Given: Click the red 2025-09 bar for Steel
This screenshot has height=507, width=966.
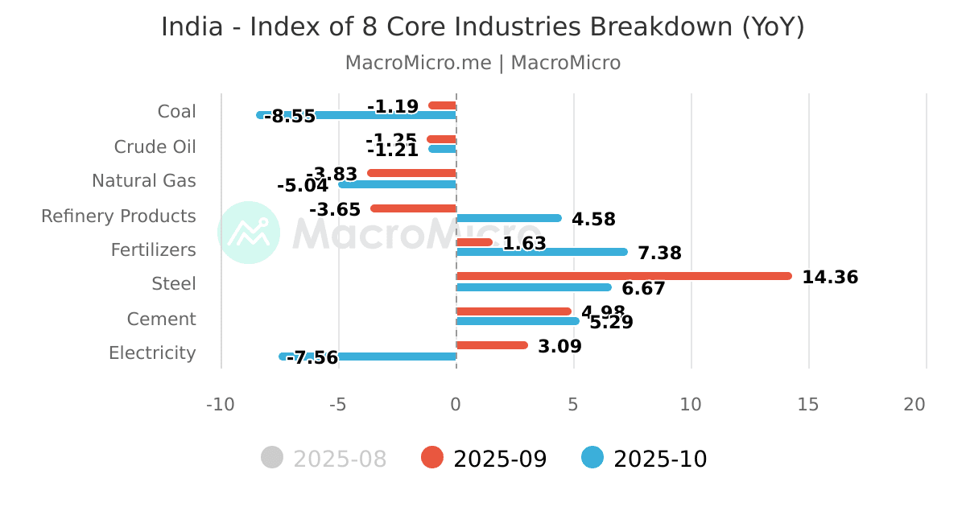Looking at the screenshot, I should (x=624, y=276).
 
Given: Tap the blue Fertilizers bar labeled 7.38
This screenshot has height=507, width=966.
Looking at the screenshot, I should (x=541, y=252).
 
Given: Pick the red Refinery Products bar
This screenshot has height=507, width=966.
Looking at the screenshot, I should (x=413, y=208).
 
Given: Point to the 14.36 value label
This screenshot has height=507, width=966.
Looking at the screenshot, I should (x=830, y=278).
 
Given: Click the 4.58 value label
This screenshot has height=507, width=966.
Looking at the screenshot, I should (x=593, y=220).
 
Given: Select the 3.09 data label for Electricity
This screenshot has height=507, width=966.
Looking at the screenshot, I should (x=559, y=347).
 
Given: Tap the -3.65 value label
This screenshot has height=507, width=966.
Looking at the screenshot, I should (x=335, y=210).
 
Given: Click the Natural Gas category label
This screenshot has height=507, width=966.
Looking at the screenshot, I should (x=143, y=181).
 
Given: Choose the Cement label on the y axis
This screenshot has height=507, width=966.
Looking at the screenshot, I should (x=161, y=319).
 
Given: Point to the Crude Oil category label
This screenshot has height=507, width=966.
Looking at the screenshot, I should (x=155, y=147).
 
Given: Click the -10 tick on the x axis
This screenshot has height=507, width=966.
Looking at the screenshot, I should (x=221, y=405).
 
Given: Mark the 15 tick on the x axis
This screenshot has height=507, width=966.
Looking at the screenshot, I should (x=808, y=405).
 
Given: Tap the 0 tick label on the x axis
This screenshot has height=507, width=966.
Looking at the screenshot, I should (x=456, y=405).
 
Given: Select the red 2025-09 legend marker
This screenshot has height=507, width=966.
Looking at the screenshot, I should (x=432, y=458).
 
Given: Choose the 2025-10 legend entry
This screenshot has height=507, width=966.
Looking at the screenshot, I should (x=645, y=459).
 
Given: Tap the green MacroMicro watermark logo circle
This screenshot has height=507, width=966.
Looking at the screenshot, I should (x=249, y=233).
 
